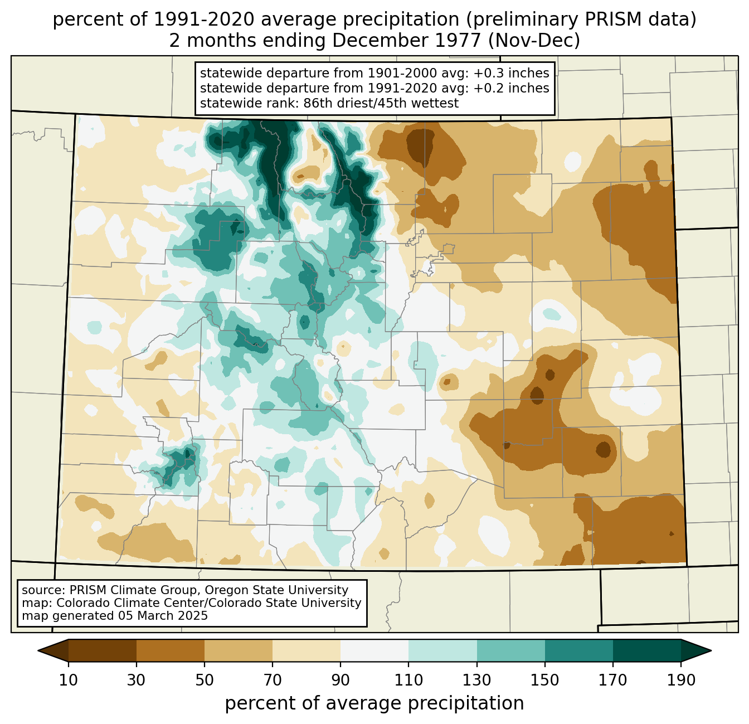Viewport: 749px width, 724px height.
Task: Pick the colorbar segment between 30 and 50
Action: pos(170,650)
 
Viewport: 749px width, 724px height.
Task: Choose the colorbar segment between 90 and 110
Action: pos(374,650)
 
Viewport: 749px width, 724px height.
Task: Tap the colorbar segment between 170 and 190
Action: pos(647,650)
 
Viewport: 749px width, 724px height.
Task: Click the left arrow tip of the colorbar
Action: pos(38,650)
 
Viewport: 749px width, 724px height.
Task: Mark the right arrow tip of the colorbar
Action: pos(711,650)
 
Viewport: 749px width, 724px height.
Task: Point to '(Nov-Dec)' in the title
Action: pos(534,41)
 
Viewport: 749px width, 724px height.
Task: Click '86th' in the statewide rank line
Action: pos(317,103)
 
